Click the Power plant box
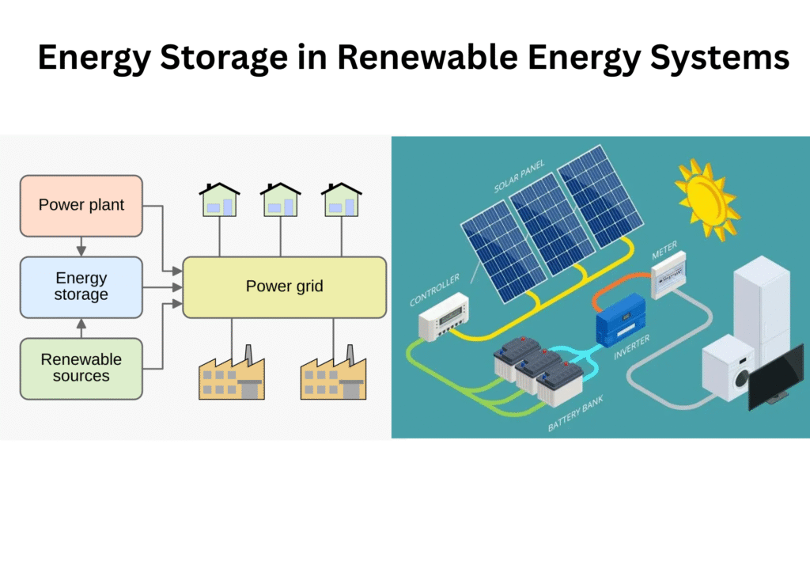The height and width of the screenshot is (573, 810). [81, 206]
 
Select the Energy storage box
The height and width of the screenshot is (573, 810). [81, 286]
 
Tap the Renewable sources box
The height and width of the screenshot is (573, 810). [81, 368]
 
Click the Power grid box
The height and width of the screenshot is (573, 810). [285, 286]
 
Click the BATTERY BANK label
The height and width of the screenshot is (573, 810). [576, 414]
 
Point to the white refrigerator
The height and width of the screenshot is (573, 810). [762, 305]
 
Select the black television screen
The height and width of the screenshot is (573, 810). [778, 377]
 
